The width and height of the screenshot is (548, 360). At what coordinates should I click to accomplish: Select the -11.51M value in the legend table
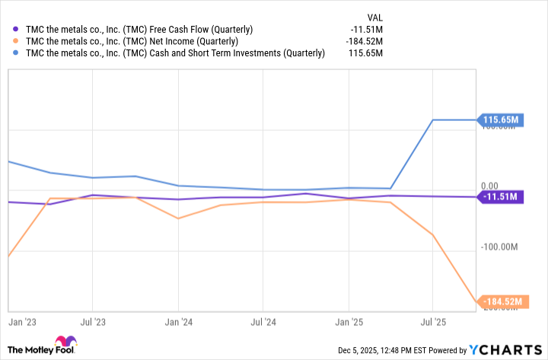tap(365, 30)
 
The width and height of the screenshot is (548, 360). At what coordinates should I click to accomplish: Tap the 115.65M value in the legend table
tap(365, 53)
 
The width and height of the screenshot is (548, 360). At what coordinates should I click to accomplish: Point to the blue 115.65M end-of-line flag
tap(500, 119)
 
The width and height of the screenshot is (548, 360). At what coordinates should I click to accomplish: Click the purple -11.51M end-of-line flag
tap(500, 197)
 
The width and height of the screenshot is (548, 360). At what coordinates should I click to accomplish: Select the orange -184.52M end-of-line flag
tap(500, 302)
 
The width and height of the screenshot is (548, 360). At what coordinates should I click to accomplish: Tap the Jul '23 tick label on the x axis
tap(92, 323)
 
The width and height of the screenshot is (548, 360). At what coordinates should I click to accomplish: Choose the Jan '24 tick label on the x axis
tap(177, 323)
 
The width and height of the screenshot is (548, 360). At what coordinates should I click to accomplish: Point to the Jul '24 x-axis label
tap(263, 323)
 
